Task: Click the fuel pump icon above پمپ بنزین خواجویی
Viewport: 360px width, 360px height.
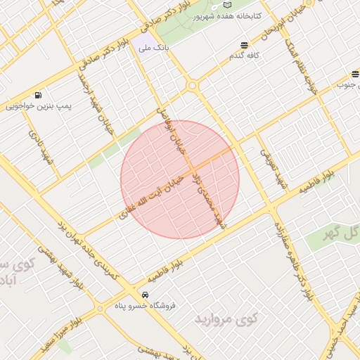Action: tap(37, 95)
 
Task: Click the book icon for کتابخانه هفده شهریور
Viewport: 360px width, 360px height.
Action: tap(226, 5)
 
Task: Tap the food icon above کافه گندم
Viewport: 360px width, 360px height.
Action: tap(245, 44)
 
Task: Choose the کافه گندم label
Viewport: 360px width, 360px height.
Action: tap(244, 56)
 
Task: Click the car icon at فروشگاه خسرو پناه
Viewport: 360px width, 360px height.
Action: tap(145, 295)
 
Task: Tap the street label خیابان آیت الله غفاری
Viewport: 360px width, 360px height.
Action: tap(148, 198)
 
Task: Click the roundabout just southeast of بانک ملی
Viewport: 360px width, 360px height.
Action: tap(192, 85)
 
